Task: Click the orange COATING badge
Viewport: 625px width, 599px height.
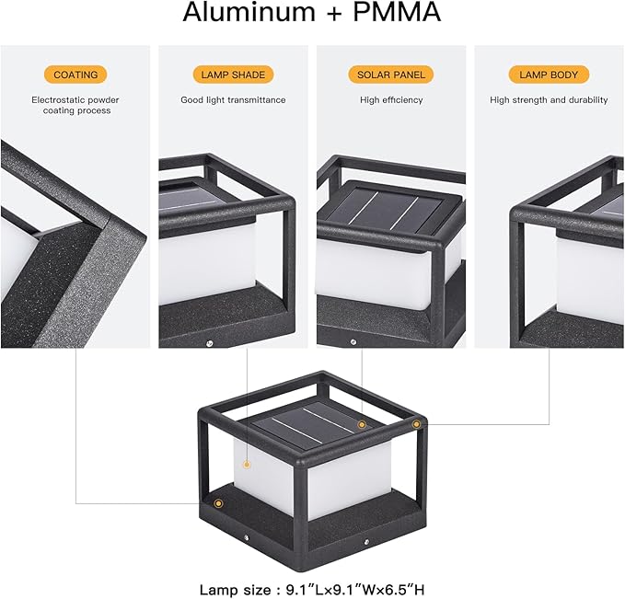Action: tap(75, 75)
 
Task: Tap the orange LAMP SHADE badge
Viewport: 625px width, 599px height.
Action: tap(233, 75)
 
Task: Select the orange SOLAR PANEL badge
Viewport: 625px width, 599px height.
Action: tap(391, 75)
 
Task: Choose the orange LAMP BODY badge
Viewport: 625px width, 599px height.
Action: tap(549, 75)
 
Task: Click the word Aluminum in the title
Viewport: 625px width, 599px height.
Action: tap(249, 12)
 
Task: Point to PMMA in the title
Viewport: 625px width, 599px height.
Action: tap(397, 12)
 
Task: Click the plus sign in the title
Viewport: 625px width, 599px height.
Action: tap(334, 14)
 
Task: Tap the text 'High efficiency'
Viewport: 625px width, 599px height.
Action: tap(391, 100)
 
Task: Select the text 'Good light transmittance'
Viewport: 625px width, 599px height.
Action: tap(233, 100)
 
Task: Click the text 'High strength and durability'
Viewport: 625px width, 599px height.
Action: tap(549, 100)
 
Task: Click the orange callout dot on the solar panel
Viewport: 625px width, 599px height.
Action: tap(362, 425)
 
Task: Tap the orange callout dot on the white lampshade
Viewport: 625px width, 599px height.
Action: tap(247, 465)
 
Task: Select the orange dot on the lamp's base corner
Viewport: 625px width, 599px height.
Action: tap(218, 503)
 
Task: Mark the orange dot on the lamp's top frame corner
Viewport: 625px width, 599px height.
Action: tap(416, 424)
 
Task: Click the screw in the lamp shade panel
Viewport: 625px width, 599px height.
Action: tap(209, 343)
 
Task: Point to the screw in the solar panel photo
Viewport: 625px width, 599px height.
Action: tap(353, 342)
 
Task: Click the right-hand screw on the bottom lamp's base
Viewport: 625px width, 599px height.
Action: tap(366, 542)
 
